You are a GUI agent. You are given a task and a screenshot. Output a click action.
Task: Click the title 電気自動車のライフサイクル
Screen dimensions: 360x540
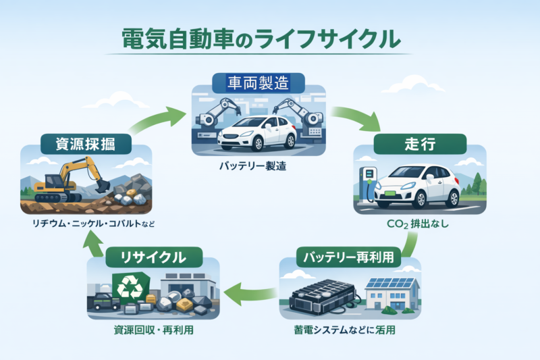(x=259, y=38)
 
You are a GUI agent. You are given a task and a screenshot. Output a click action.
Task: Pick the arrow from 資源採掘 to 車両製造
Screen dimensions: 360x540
(x=157, y=119)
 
